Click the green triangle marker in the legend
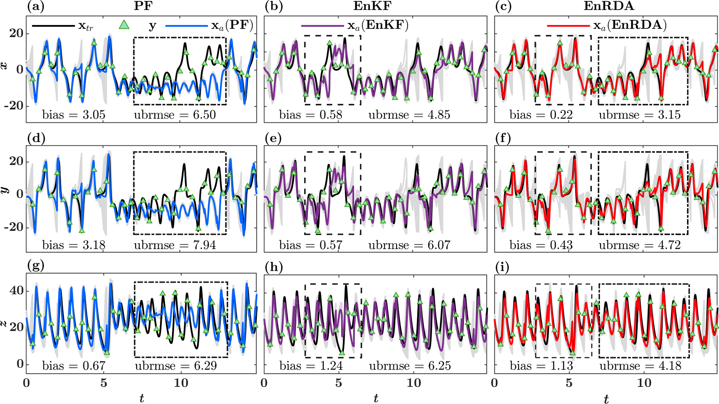point(124,25)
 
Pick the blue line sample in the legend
point(186,25)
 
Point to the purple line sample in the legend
point(322,25)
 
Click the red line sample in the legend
point(568,25)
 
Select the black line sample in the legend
point(53,25)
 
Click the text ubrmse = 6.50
point(175,115)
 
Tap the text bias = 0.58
point(311,115)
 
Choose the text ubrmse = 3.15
point(639,115)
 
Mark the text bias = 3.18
point(74,245)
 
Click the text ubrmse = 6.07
point(409,245)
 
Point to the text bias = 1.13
point(541,366)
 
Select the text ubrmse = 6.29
point(176,366)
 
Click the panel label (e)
point(273,138)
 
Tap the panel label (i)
point(502,267)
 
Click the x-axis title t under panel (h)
point(376,397)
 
